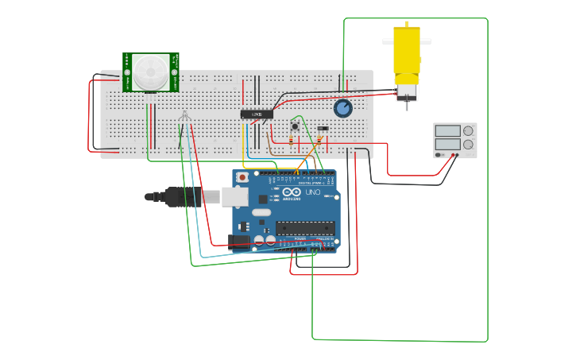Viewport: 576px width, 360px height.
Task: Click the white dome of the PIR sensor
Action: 150,71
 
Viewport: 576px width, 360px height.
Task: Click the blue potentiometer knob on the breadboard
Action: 342,108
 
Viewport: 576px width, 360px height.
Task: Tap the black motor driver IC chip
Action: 257,114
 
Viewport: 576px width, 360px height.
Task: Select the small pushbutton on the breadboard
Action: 295,126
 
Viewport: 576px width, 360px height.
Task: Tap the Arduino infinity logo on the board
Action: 292,192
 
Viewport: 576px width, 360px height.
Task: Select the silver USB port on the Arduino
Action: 234,196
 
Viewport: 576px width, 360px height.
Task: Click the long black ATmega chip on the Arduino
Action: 305,228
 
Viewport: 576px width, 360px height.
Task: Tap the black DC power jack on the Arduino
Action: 238,242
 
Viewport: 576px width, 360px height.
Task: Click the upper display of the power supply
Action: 447,131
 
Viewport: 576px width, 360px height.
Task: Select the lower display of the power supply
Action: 447,144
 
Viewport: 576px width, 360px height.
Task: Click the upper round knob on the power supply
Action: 468,131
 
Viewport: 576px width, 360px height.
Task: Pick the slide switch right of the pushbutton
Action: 323,128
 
